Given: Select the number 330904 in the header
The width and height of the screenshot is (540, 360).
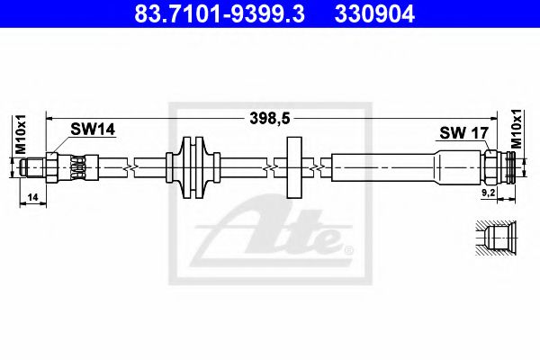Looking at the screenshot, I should coord(377,14).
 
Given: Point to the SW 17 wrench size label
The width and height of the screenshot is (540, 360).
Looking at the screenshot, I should coord(462,133).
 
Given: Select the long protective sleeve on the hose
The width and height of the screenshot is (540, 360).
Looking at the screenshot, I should coord(387,166).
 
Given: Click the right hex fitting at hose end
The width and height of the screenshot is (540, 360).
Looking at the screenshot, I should coord(492,166).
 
